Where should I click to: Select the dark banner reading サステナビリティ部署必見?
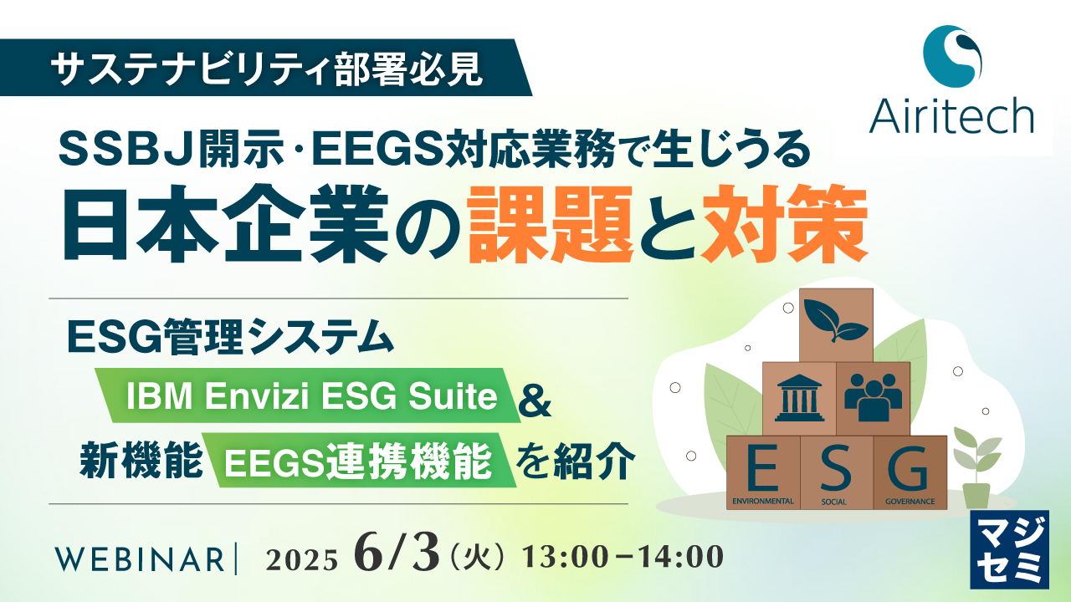pos(268,68)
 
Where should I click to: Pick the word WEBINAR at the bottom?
pos(138,559)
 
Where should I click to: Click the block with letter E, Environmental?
pos(763,473)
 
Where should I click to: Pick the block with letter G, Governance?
pos(910,473)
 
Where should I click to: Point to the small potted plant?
pos(976,468)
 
